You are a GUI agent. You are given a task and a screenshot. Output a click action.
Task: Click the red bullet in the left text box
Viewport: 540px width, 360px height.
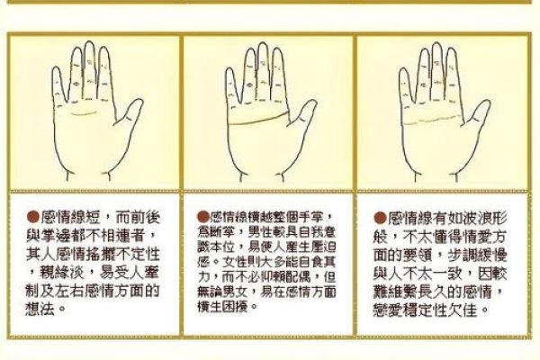coord(31,217)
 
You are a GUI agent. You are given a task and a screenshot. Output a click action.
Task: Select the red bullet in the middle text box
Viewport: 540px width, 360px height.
coord(202,217)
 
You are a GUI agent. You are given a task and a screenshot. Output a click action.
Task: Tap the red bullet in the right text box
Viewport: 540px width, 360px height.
coord(381,217)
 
